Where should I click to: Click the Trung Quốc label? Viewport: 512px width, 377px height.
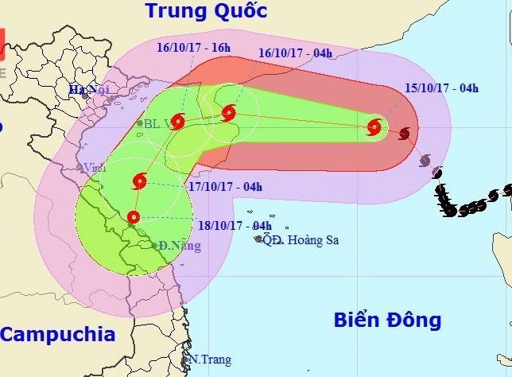tap(205, 11)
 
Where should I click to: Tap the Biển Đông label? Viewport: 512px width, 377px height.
tap(386, 320)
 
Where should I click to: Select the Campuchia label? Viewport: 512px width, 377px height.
tap(57, 333)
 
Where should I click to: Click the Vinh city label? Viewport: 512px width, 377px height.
tap(95, 168)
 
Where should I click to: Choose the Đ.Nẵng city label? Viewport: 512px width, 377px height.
tap(179, 246)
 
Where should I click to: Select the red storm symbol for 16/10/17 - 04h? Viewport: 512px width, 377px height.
tap(229, 112)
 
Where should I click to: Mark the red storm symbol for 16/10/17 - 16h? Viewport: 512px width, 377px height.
tap(177, 122)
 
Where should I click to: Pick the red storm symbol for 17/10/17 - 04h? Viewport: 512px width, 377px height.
tap(139, 181)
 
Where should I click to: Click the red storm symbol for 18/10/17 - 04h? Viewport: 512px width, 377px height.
tap(133, 216)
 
